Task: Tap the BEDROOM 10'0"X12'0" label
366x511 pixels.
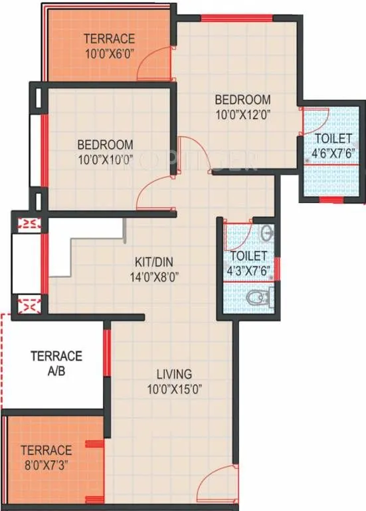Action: pyautogui.click(x=242, y=106)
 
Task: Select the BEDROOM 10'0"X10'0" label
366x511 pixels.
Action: pyautogui.click(x=104, y=151)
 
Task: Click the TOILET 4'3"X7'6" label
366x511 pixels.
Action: pyautogui.click(x=248, y=262)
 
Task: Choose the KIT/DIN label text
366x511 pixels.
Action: pyautogui.click(x=156, y=263)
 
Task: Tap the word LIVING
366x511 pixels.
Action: pyautogui.click(x=174, y=373)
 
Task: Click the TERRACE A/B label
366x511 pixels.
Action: pyautogui.click(x=56, y=363)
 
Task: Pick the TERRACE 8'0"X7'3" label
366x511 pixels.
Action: pyautogui.click(x=46, y=456)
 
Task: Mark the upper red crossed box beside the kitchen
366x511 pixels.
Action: pyautogui.click(x=28, y=224)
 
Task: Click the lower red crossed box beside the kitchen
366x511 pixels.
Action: pyautogui.click(x=28, y=305)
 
